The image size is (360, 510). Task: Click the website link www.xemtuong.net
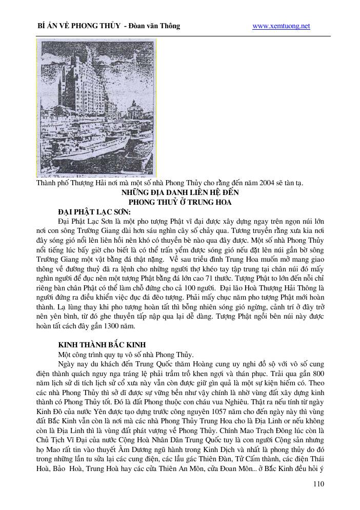[x=282, y=26]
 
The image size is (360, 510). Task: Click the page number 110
[x=318, y=484]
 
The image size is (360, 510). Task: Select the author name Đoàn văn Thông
[x=156, y=26]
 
